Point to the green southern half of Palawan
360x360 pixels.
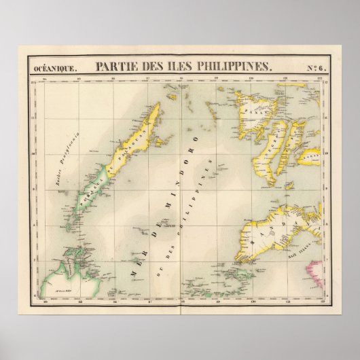pyautogui.click(x=88, y=203)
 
